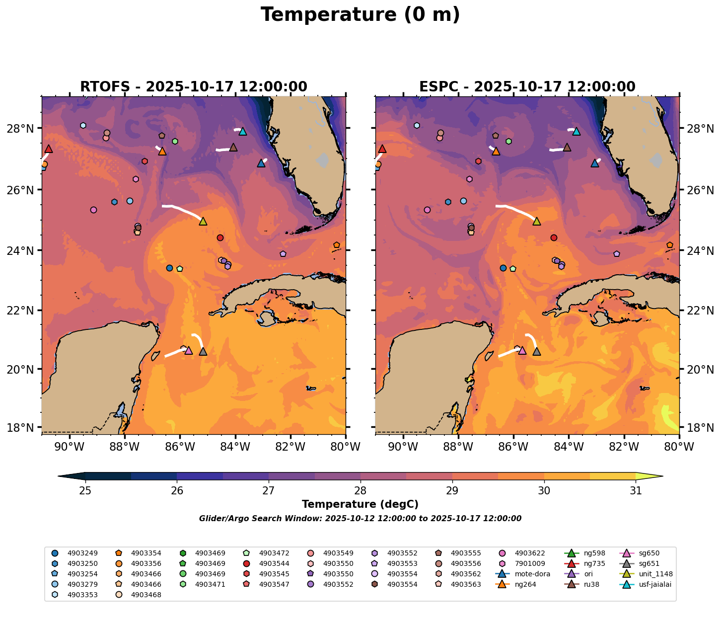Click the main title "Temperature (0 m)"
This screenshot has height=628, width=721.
(x=360, y=15)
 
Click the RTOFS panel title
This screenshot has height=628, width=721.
(x=193, y=87)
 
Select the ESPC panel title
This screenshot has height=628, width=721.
(x=527, y=87)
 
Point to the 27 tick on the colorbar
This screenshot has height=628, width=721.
(x=269, y=491)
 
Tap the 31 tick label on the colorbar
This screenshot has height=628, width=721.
(x=636, y=491)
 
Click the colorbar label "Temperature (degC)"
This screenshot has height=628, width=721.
(x=360, y=504)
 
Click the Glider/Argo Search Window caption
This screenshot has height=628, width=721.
(x=360, y=519)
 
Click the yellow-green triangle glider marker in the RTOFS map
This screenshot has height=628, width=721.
(x=203, y=221)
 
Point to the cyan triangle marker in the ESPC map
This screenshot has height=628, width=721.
(x=576, y=132)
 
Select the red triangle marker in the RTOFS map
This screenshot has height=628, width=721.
(x=48, y=149)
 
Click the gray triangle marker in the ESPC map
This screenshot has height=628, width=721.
(x=536, y=351)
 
